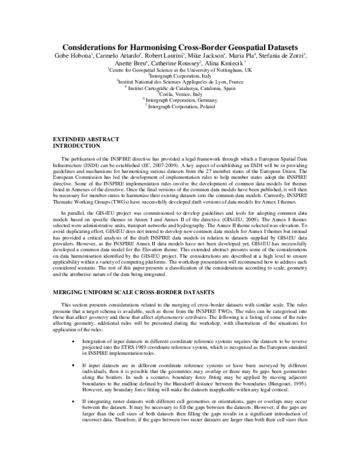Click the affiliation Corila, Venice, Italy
pyautogui.click(x=180, y=94)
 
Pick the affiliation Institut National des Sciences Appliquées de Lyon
pyautogui.click(x=180, y=81)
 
